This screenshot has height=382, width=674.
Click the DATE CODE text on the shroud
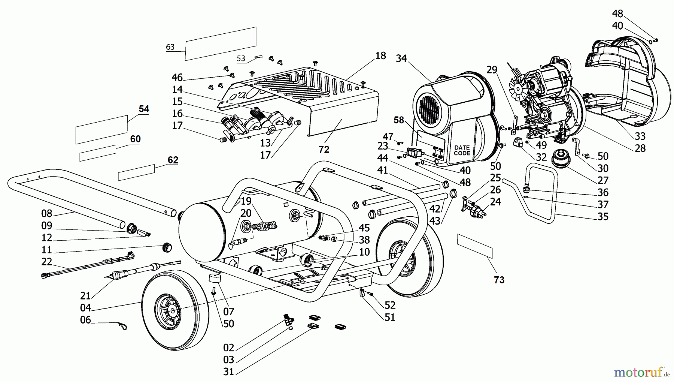pos(462,150)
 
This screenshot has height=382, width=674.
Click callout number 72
pos(324,150)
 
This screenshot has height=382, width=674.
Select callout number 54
pos(144,109)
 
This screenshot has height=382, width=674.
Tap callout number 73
pos(499,280)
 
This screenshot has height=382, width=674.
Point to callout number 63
pos(170,47)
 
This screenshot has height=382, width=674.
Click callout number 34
pos(401,58)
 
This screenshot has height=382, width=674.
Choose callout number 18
pos(380,56)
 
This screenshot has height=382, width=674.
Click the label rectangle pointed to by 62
pos(136,172)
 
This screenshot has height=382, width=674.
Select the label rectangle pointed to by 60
pos(98,153)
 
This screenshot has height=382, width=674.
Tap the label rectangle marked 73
pos(475,246)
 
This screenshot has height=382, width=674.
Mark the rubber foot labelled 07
pos(215,279)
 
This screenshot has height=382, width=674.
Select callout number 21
pos(85,296)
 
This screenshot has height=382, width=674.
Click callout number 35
pos(603,216)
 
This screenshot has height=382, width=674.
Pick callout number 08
pos(47,214)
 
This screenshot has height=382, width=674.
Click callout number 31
pos(228,372)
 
